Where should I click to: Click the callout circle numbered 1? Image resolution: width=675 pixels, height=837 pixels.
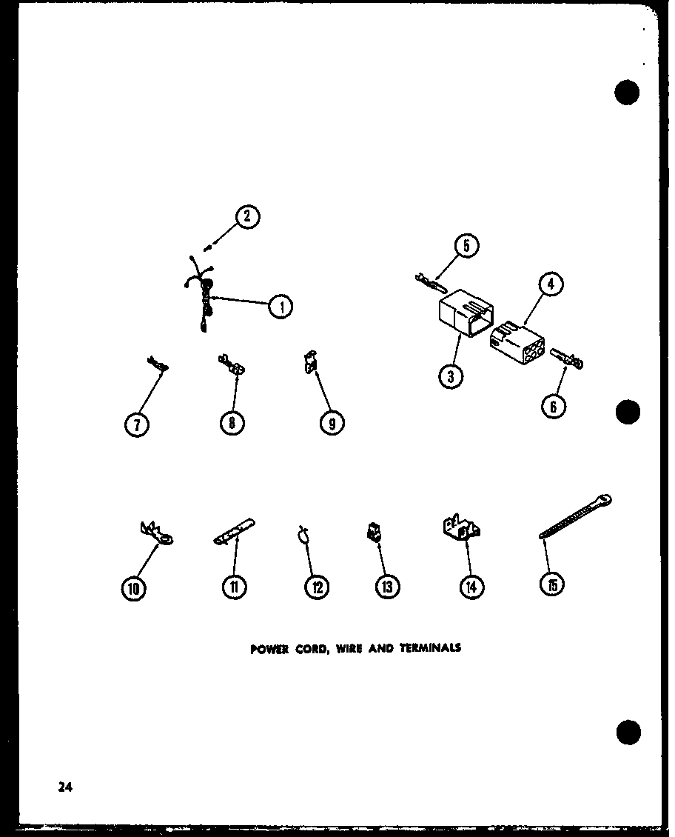(x=280, y=306)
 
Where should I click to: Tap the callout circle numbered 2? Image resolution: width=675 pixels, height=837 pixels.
(x=247, y=217)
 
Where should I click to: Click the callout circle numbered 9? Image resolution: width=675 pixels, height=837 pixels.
(x=332, y=423)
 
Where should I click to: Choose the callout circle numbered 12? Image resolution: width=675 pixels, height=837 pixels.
(x=316, y=587)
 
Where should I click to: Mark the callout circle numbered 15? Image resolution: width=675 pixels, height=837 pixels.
(x=551, y=585)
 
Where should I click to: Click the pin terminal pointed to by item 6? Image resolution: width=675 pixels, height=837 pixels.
(x=568, y=361)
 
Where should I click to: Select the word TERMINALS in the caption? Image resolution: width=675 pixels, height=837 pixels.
(x=431, y=647)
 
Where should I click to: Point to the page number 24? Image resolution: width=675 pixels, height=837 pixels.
(x=66, y=787)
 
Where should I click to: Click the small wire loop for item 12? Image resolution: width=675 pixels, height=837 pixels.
(x=303, y=534)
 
